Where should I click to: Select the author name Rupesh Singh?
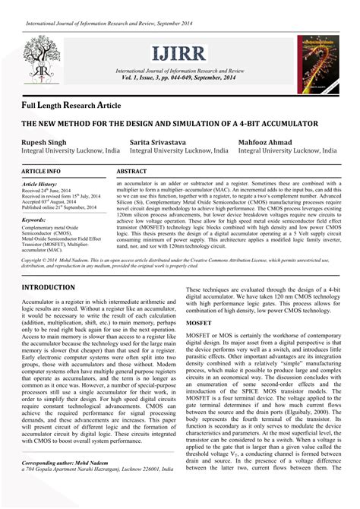point(44,142)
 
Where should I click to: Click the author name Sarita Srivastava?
point(160,142)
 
